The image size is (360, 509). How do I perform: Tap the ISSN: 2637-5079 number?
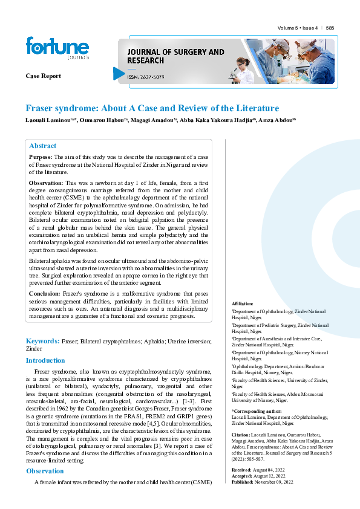tap(149, 77)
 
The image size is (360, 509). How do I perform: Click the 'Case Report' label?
tap(43, 76)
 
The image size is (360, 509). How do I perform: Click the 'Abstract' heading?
tap(42, 146)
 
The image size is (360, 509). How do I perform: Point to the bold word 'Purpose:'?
tap(41, 157)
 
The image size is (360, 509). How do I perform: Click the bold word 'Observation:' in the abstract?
tap(46, 183)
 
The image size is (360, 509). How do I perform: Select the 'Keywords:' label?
tap(42, 342)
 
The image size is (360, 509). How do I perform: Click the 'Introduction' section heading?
tap(45, 360)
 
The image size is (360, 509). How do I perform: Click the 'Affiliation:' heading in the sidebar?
tap(243, 303)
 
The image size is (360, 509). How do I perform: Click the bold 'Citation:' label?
tap(241, 435)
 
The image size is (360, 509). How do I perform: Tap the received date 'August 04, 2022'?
tap(269, 469)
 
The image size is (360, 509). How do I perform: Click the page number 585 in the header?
tap(330, 28)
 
